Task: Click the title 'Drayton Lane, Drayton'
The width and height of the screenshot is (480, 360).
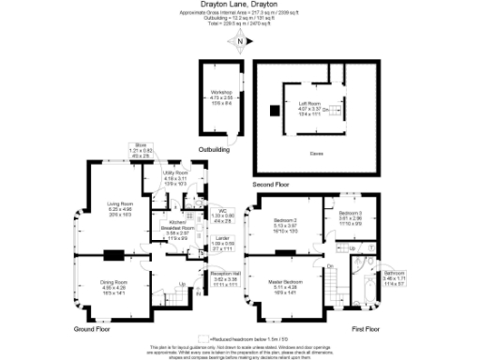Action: point(240,4)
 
